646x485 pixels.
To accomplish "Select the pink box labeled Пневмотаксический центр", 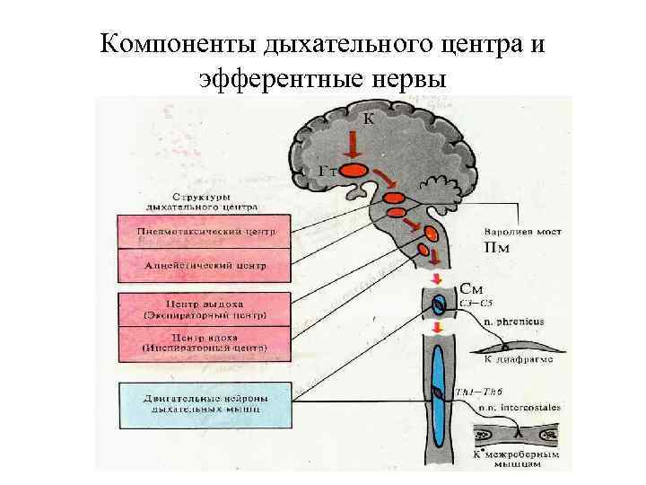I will (x=202, y=232).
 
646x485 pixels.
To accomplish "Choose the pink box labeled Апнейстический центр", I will (x=202, y=266).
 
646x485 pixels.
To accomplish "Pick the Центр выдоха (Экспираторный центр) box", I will (x=204, y=309).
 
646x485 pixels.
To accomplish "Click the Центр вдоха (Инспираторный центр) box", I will (x=204, y=341).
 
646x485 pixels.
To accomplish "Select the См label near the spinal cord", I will (x=474, y=289).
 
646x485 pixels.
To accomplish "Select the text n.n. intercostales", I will (x=518, y=408).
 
